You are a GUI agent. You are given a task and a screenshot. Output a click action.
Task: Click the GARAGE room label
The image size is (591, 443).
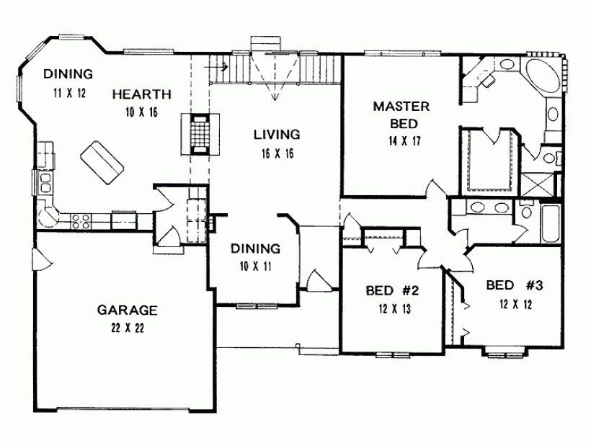127,310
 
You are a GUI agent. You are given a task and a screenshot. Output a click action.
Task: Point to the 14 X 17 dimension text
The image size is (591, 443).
401,140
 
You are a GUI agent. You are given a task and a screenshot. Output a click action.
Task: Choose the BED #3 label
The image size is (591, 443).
513,284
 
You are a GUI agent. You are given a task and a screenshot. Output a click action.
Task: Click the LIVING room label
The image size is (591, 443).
276,134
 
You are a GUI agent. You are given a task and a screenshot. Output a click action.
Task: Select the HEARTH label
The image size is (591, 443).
141,94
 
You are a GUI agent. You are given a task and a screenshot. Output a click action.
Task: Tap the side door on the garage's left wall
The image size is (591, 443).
36,255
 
